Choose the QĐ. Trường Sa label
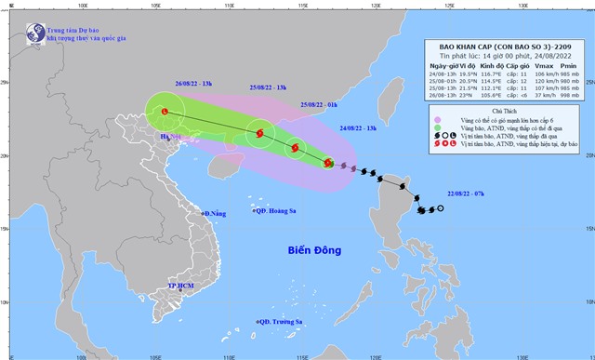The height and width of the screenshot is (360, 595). click(281, 322)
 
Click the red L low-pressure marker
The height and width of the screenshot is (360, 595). click(166, 113)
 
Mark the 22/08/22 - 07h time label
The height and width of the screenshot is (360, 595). click(437, 195)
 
